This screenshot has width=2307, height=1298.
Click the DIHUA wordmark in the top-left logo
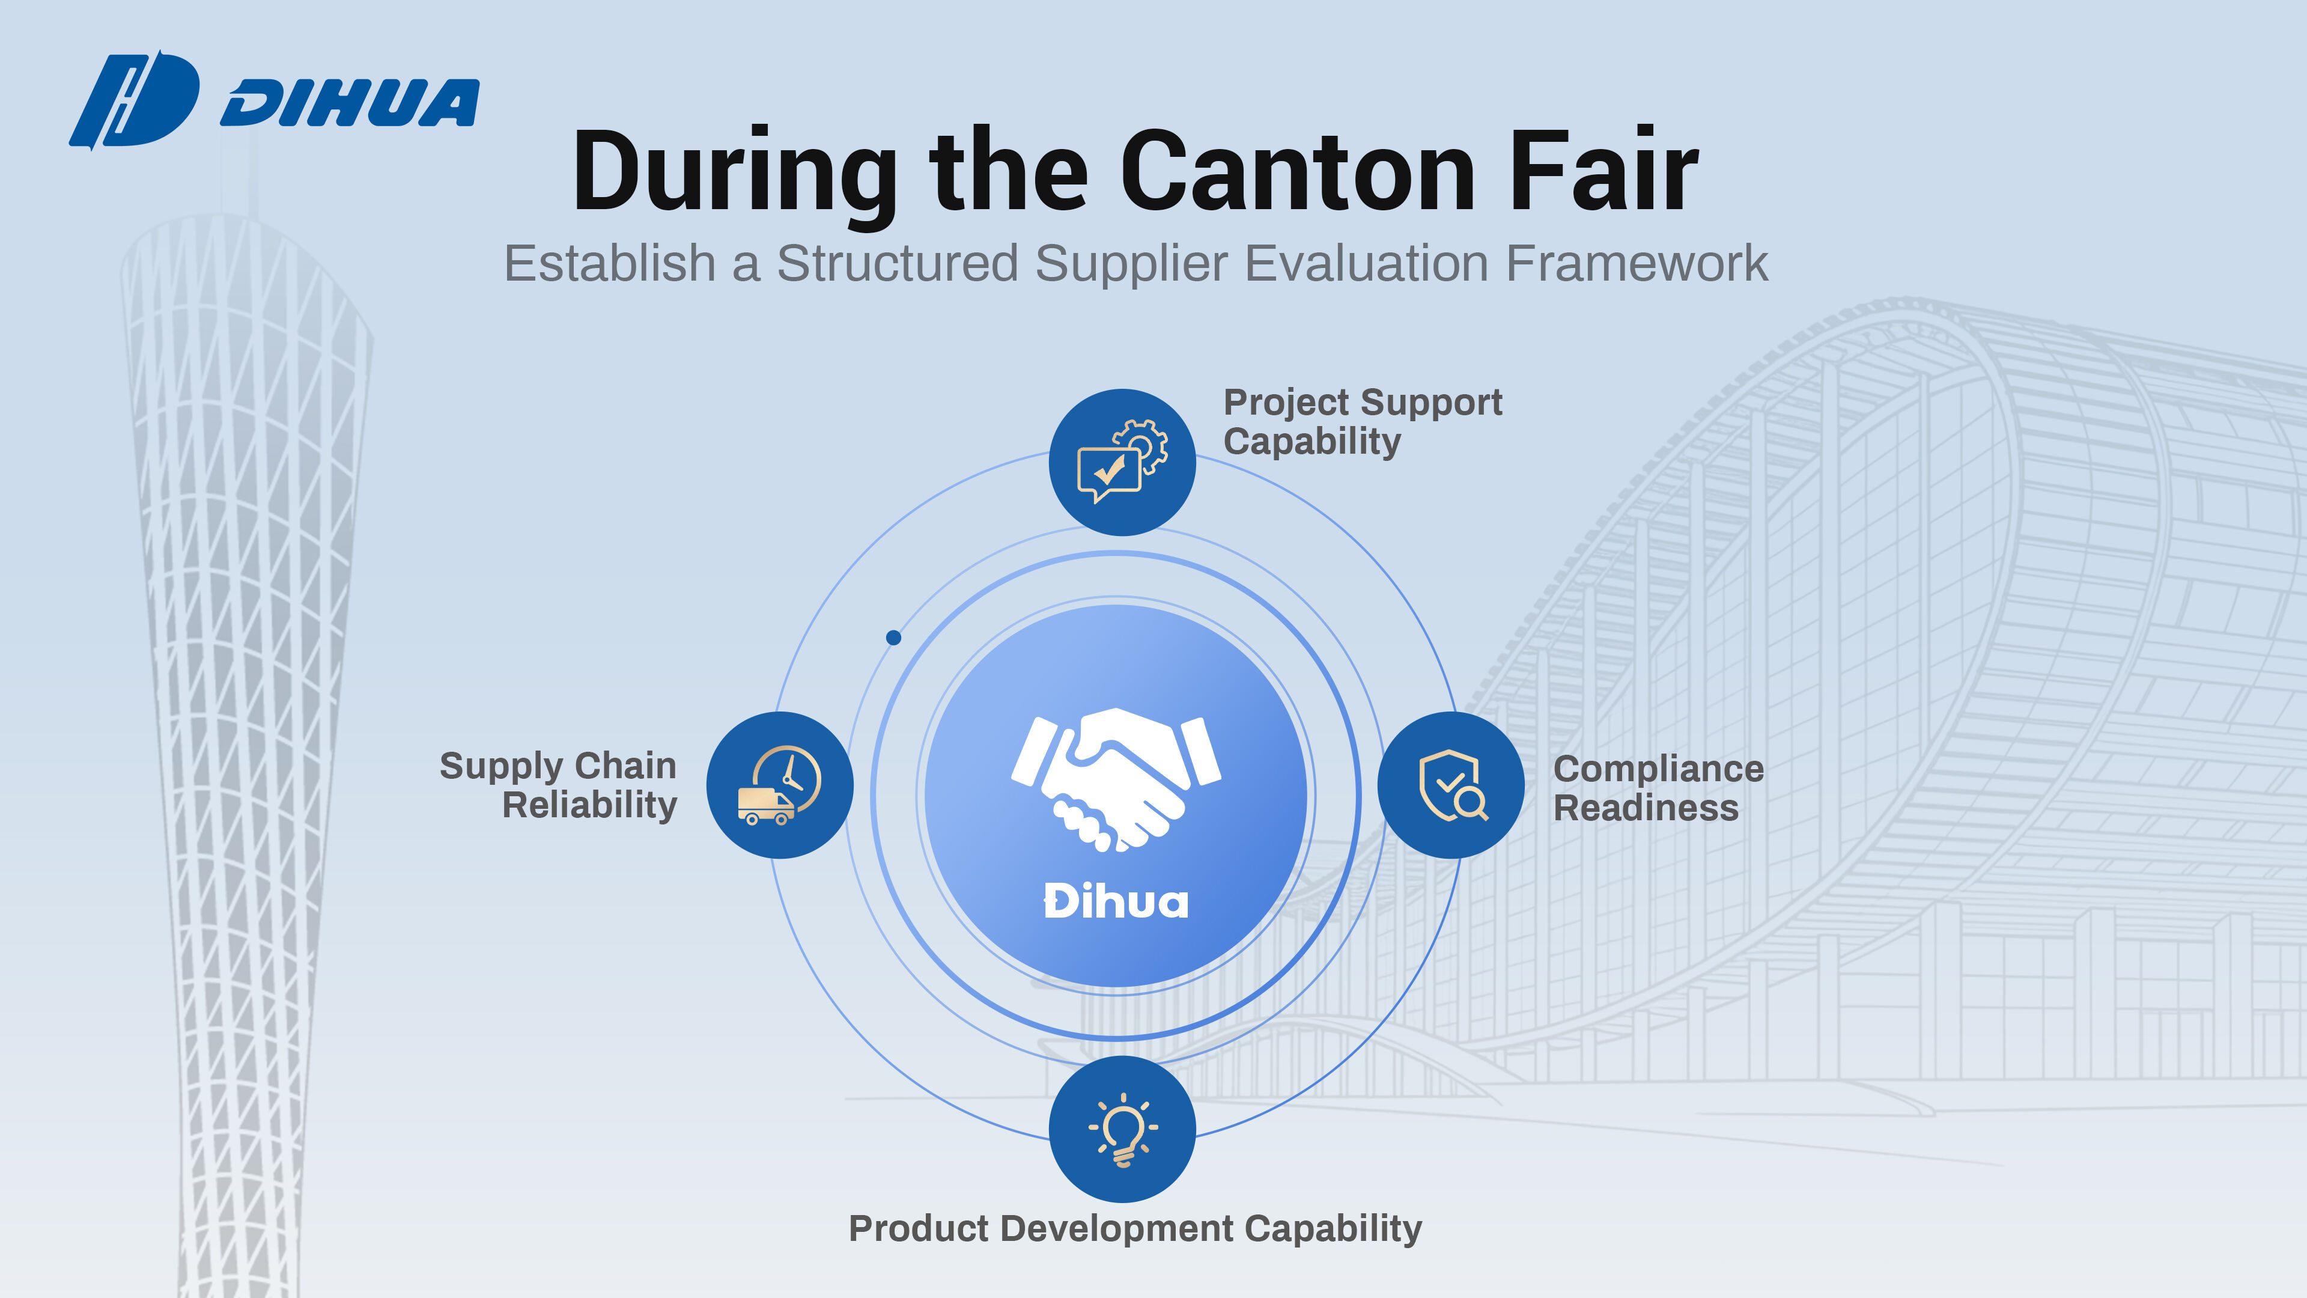[x=350, y=103]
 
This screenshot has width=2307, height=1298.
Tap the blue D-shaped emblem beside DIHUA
[x=135, y=99]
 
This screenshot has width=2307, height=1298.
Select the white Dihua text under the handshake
[x=1116, y=901]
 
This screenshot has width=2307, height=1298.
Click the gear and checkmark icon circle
[x=1122, y=462]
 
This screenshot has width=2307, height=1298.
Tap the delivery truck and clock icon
[x=780, y=785]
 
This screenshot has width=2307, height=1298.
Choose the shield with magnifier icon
[x=1451, y=785]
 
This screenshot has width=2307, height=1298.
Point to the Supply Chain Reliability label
[x=559, y=785]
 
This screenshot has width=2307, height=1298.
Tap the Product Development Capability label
[x=1135, y=1229]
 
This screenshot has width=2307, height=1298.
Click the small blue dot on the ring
[x=893, y=638]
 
